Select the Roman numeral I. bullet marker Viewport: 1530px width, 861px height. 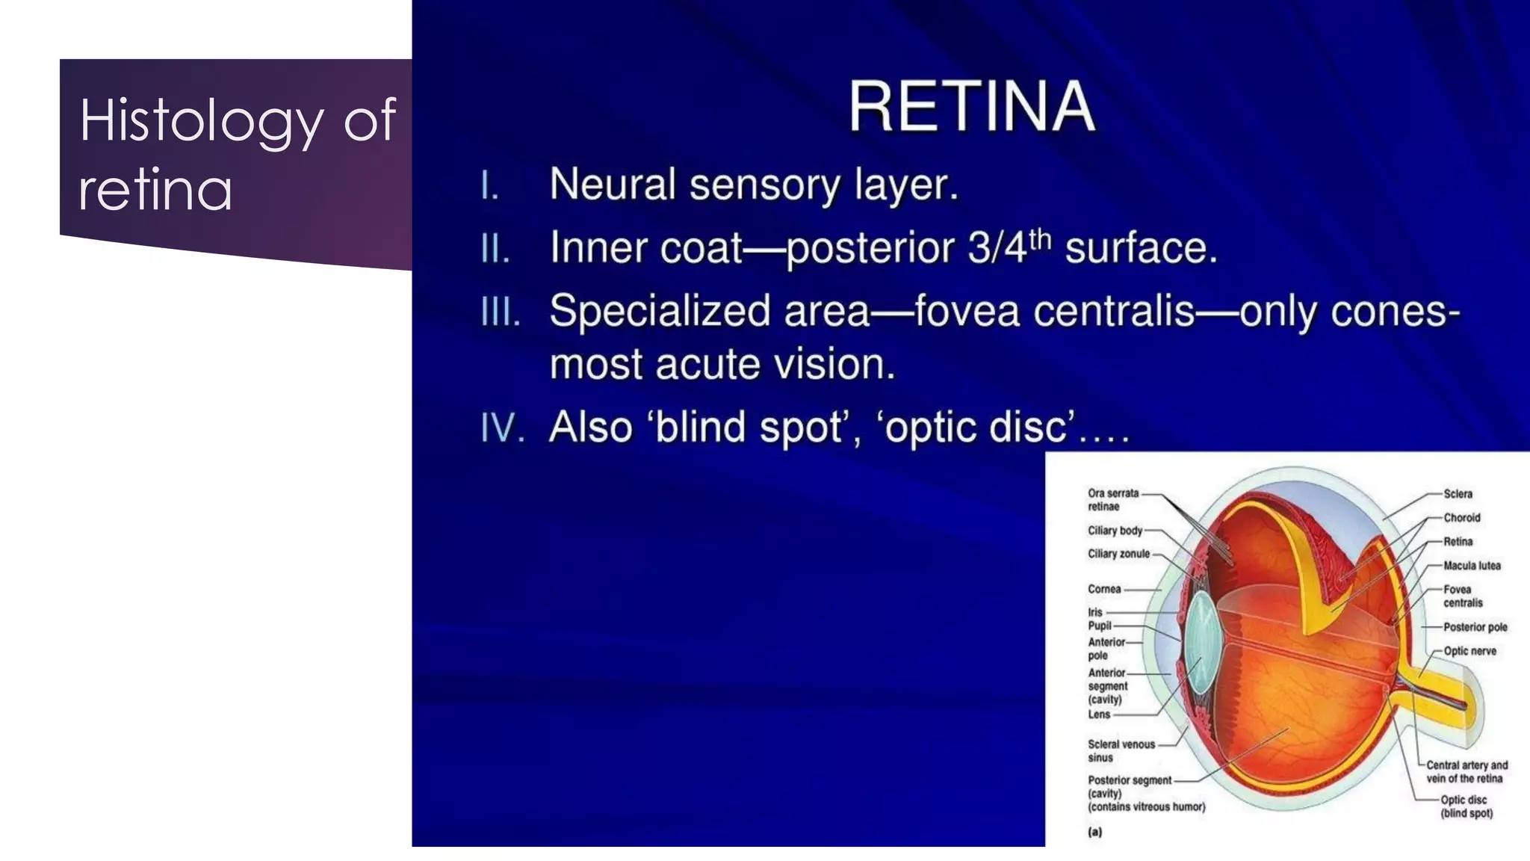point(489,185)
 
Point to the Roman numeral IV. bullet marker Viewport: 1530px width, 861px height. point(502,428)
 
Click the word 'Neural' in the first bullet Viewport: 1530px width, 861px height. point(613,184)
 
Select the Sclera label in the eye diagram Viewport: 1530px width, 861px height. point(1458,494)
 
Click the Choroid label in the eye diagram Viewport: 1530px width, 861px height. point(1461,518)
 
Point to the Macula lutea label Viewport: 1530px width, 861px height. point(1472,566)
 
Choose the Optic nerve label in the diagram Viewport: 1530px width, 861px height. point(1469,651)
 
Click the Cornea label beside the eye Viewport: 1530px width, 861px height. point(1104,589)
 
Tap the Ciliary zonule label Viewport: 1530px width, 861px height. point(1118,554)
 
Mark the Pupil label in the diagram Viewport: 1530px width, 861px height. point(1100,626)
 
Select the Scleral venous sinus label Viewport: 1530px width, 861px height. point(1121,750)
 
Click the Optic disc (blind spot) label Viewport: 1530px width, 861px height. point(1466,806)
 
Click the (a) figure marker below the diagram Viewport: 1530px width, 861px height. point(1095,832)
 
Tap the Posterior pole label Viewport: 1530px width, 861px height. point(1475,627)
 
